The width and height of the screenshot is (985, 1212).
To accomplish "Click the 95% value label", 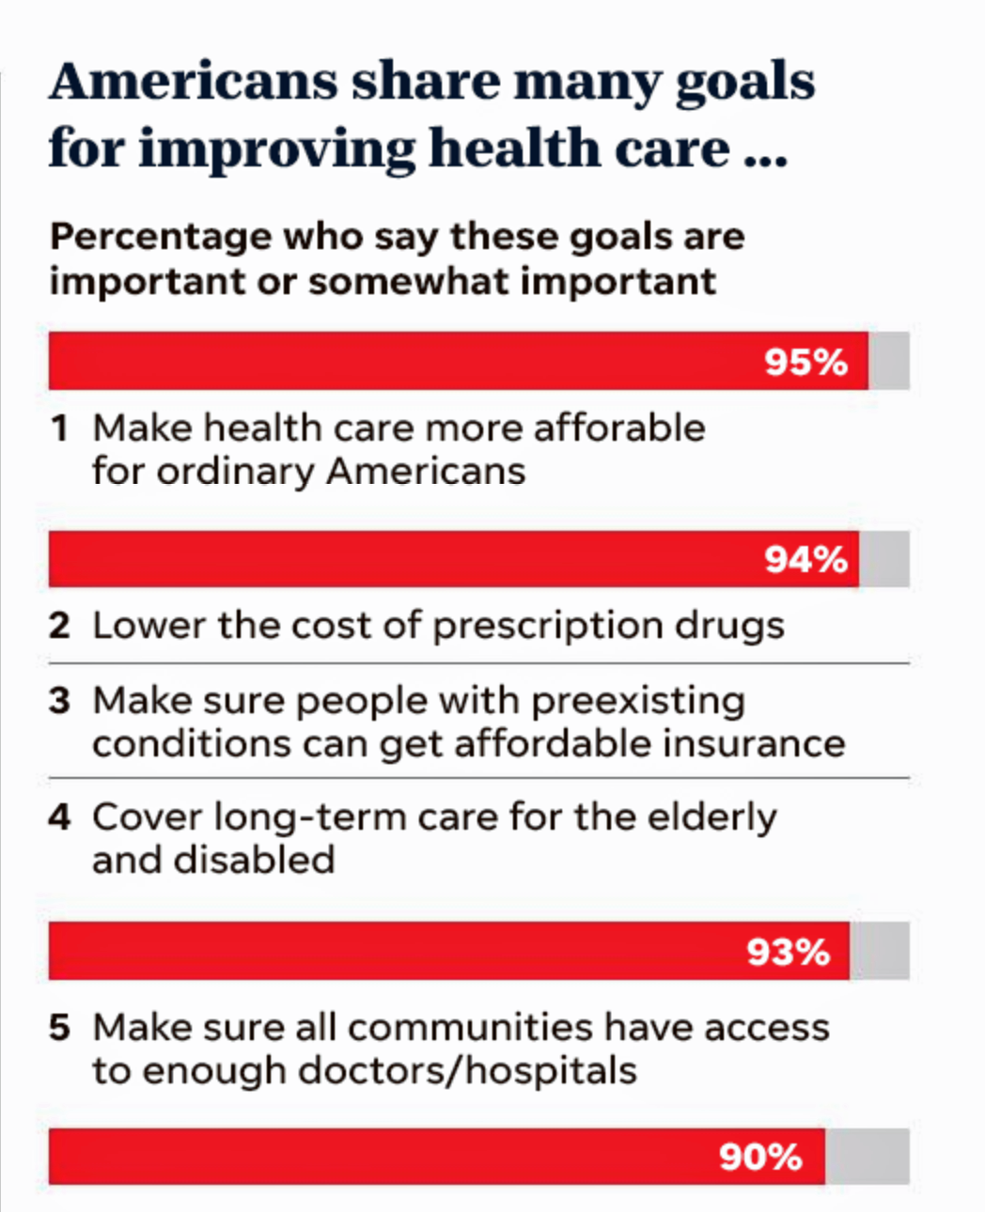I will pos(805,362).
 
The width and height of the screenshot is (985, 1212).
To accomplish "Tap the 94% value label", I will pos(805,560).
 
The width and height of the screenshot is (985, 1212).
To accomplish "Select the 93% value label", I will pos(788,952).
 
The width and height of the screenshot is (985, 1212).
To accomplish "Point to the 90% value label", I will pos(760,1157).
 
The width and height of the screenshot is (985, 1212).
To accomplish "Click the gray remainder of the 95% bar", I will pos(888,361).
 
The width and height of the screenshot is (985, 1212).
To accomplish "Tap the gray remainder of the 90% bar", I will pos(867,1157).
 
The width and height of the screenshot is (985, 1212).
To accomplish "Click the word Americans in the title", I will pos(193,82).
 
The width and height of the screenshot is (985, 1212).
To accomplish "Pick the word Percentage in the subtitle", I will pos(160,236).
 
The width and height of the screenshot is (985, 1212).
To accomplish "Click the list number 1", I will pos(60,428).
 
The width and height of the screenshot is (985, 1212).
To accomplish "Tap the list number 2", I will pos(59,626).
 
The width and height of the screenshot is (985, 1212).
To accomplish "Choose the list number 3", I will pos(59,701).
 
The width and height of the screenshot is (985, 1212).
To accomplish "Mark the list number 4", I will pos(59,817).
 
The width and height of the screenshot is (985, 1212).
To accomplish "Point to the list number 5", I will pos(59,1028).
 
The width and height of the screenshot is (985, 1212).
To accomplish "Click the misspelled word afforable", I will pos(618,428).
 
